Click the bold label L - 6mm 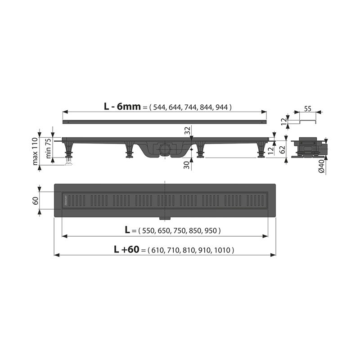click(122, 106)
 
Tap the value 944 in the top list click(221, 107)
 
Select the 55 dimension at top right click(308, 108)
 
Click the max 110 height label click(35, 151)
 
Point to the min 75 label click(49, 149)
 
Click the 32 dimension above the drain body click(188, 130)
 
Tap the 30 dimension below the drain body click(188, 165)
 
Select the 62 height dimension click(283, 150)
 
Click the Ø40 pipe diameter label click(321, 166)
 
